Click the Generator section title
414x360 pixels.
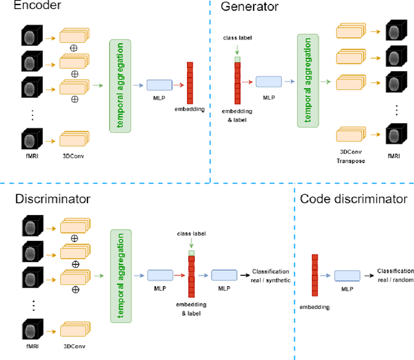[250, 7]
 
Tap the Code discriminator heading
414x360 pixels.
[353, 199]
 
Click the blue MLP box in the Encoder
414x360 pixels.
[159, 84]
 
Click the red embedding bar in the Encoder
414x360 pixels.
[190, 83]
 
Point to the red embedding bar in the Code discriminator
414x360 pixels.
[315, 275]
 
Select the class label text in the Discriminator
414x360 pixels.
[190, 234]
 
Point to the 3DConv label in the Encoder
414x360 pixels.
[72, 156]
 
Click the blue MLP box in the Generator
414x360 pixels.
[268, 81]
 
